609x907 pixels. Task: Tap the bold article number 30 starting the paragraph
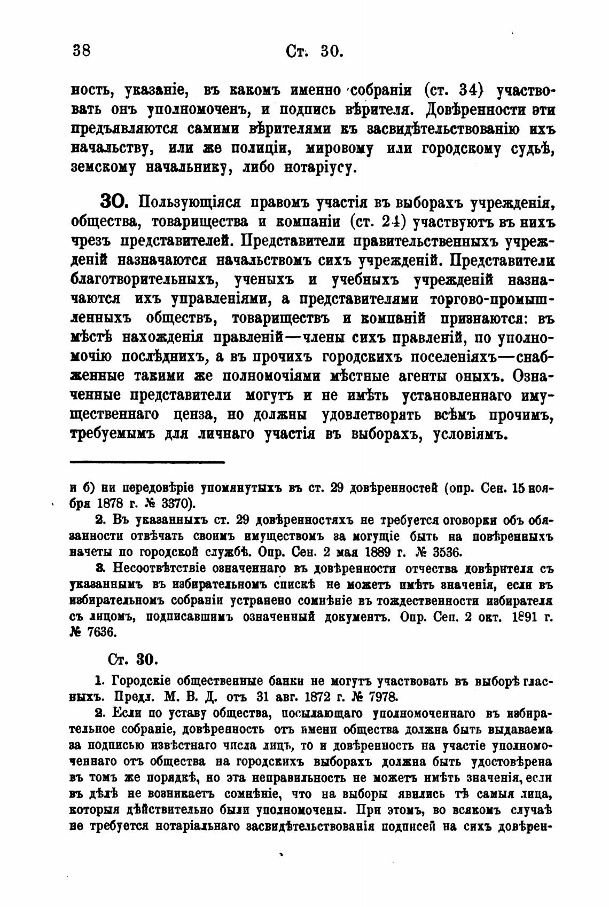[113, 203]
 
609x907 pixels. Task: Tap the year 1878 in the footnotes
[112, 503]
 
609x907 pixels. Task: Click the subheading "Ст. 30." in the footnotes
[131, 658]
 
